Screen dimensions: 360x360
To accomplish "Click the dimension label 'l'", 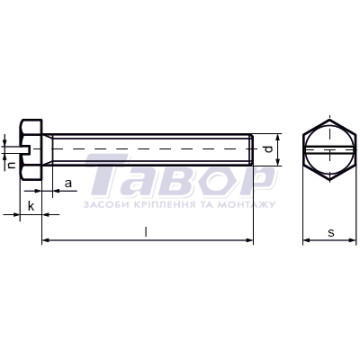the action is pyautogui.click(x=146, y=232).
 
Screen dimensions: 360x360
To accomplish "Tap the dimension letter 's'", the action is pyautogui.click(x=331, y=233).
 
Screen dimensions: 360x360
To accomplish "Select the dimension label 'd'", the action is pyautogui.click(x=268, y=149).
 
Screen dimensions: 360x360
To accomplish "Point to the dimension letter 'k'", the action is pyautogui.click(x=31, y=206).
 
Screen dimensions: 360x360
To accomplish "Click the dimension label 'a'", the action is pyautogui.click(x=68, y=183).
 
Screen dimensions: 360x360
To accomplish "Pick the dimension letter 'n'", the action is pyautogui.click(x=12, y=164).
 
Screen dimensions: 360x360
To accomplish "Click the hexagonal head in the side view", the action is pyautogui.click(x=31, y=150).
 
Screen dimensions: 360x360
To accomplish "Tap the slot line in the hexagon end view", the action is pyautogui.click(x=330, y=150).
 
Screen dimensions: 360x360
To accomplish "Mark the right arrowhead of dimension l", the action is pyautogui.click(x=249, y=240).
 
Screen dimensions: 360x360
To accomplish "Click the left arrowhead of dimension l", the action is pyautogui.click(x=46, y=240).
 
